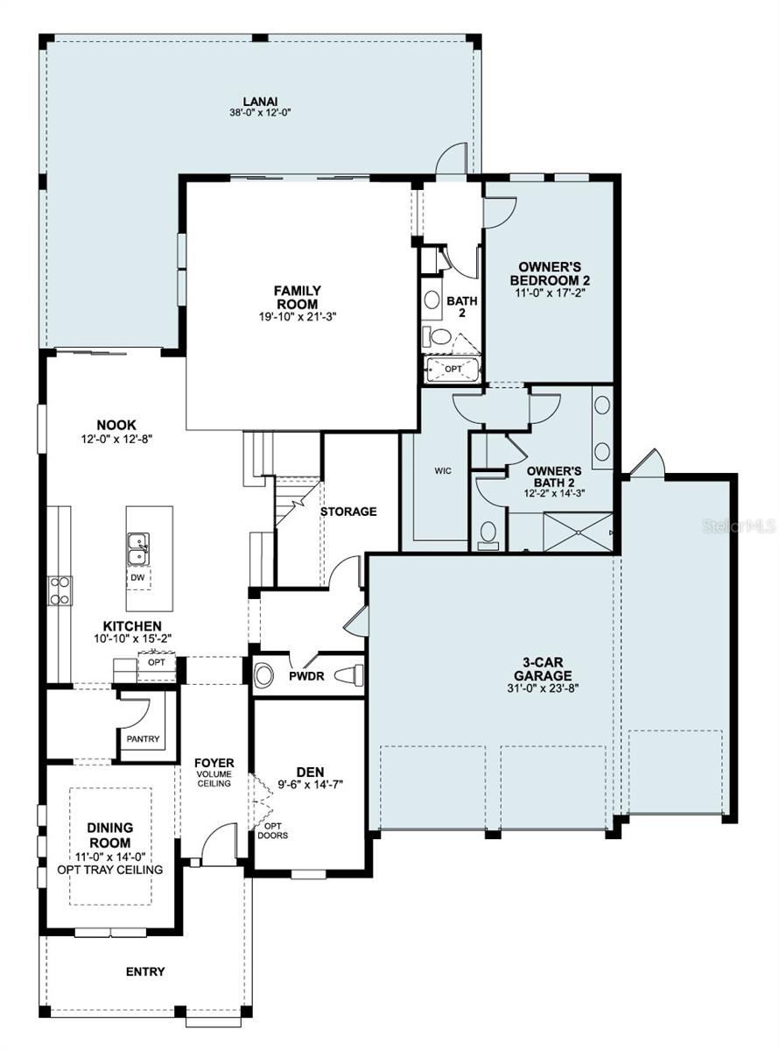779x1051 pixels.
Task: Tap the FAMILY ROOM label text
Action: [x=297, y=297]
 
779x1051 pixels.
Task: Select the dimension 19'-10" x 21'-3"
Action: [x=297, y=316]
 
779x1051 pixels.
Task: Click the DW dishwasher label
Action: [x=137, y=578]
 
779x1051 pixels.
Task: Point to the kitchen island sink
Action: [x=137, y=550]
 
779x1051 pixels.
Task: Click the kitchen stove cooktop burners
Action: [x=59, y=591]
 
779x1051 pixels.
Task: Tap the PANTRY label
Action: [x=142, y=738]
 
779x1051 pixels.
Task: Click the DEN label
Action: [x=310, y=772]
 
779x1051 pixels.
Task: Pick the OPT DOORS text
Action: [x=273, y=829]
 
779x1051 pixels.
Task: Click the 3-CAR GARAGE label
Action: [x=543, y=669]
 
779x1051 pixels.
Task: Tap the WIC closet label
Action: [x=443, y=470]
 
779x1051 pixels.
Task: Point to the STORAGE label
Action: [x=347, y=511]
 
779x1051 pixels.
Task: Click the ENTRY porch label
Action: [x=145, y=971]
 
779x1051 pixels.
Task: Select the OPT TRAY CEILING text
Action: [x=110, y=870]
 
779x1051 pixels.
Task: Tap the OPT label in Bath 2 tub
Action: [x=453, y=369]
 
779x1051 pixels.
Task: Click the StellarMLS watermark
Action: [x=744, y=526]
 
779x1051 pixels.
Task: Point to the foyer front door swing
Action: [x=216, y=843]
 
